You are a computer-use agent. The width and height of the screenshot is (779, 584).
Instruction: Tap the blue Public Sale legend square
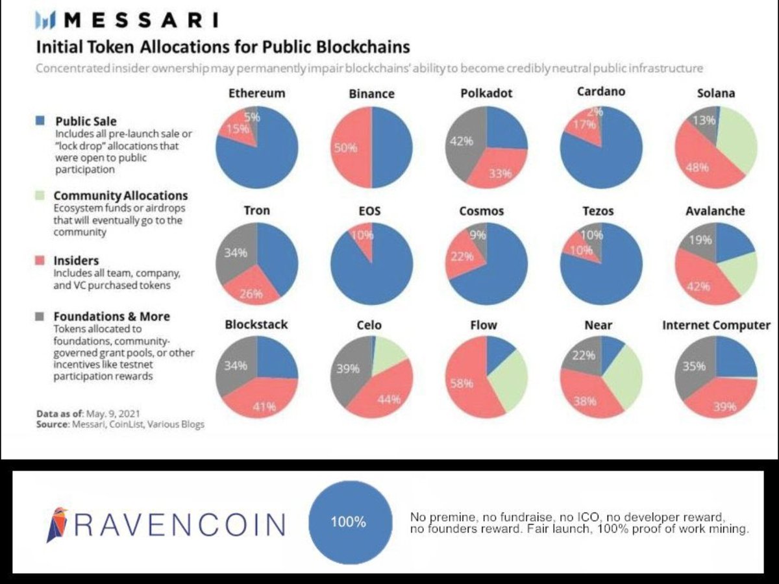coord(40,121)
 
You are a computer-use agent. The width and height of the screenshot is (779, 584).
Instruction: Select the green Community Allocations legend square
coord(40,195)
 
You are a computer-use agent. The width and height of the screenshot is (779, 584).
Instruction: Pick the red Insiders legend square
coord(40,261)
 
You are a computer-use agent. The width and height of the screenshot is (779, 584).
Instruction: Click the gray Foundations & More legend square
coord(40,317)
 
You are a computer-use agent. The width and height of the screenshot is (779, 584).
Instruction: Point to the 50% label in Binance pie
coord(345,148)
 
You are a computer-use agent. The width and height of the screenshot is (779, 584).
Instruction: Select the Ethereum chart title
coord(256,93)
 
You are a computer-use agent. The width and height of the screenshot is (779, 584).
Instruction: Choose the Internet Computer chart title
coord(716,325)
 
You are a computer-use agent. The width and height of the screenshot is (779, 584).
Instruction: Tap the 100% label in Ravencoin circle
coord(348,522)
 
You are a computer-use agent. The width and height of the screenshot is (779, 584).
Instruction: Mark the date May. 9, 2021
coord(117,413)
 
